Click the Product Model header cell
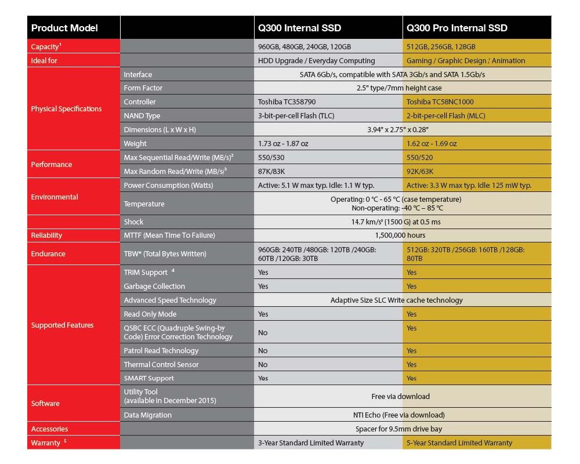point(64,28)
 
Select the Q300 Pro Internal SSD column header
point(457,28)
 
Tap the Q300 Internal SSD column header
point(299,28)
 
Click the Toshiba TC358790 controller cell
point(288,102)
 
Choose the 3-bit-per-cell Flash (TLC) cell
point(295,116)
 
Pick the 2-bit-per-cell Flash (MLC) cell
point(445,116)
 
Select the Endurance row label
point(48,253)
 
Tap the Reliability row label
point(46,235)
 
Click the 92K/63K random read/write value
point(420,172)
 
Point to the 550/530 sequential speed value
point(271,158)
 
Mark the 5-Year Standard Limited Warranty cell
point(459,443)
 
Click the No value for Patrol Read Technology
point(263,351)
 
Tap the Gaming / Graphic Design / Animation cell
point(466,60)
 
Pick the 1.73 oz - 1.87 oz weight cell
point(283,144)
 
